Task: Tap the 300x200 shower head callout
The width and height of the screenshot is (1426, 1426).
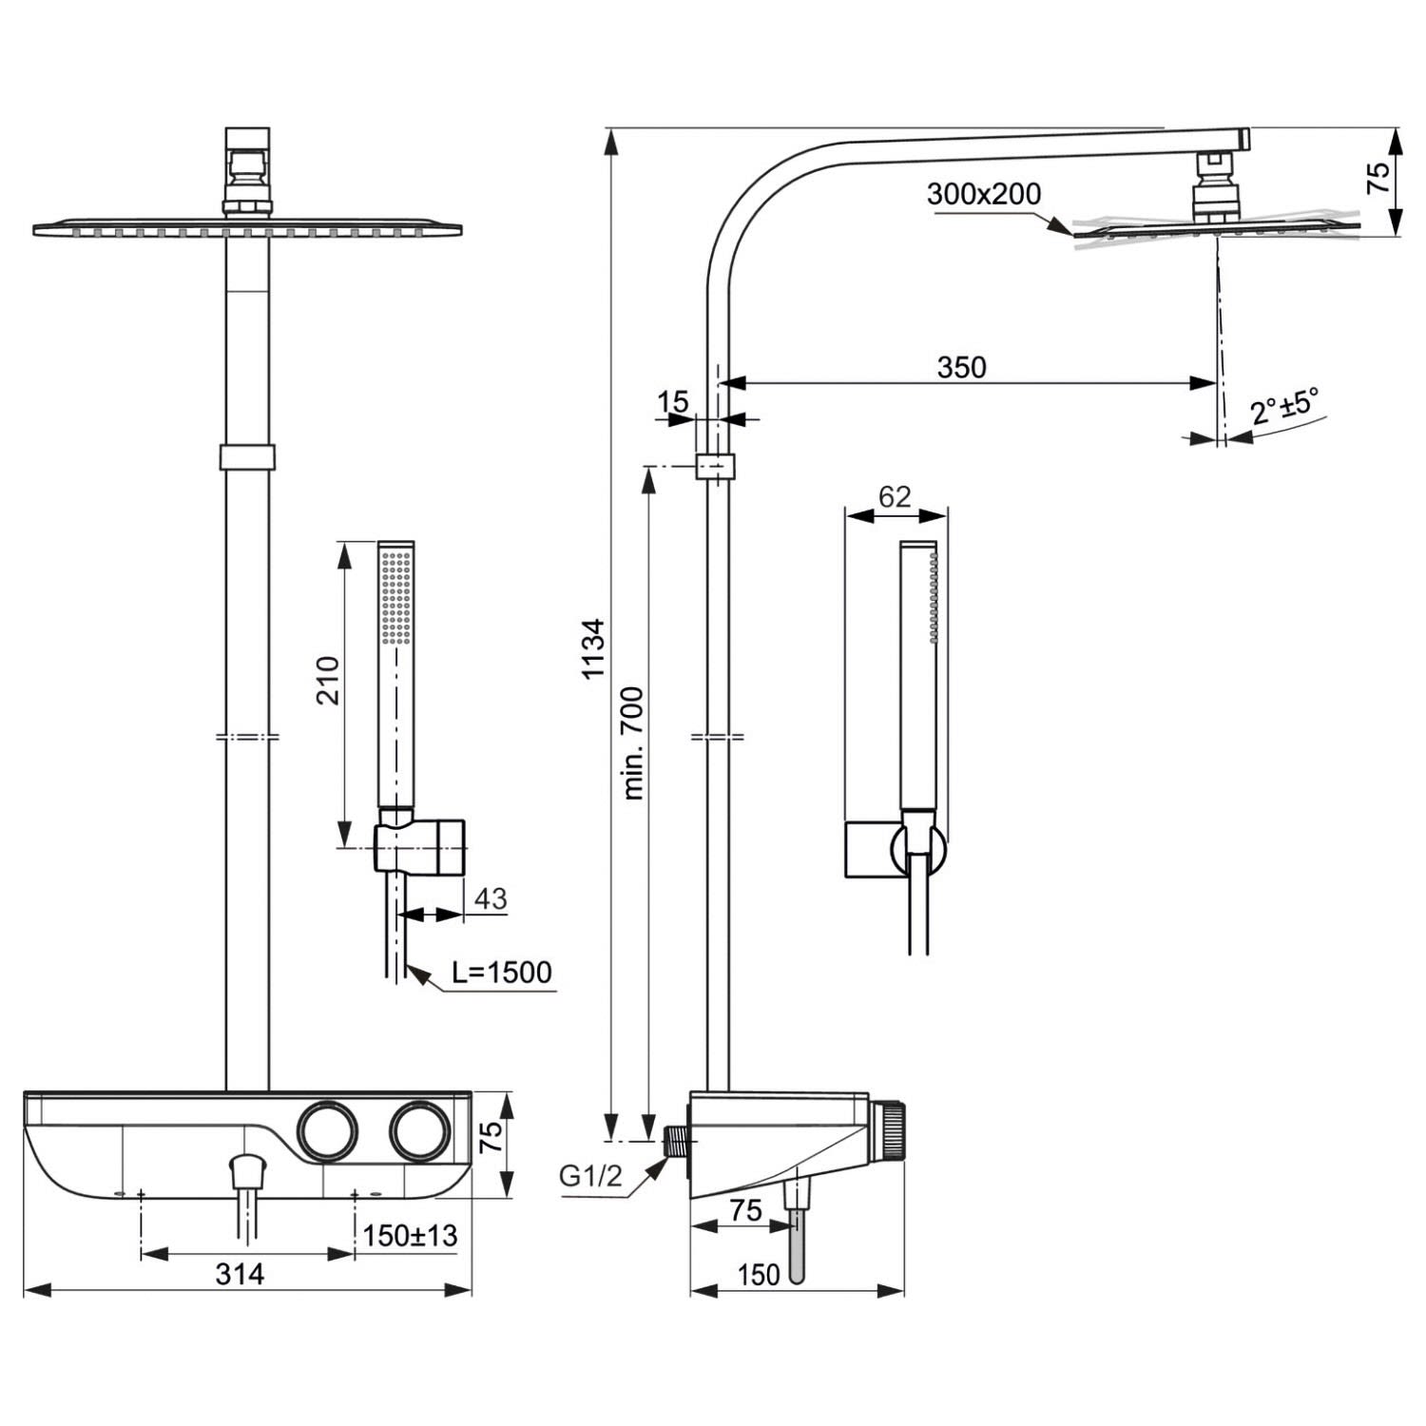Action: click(x=984, y=194)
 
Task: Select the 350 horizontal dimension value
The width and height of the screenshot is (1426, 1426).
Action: click(x=961, y=367)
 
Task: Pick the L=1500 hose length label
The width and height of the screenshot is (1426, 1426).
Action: click(x=502, y=972)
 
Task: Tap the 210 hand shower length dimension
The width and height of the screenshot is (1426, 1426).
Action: click(x=328, y=679)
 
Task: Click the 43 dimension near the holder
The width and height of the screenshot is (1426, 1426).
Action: click(x=491, y=898)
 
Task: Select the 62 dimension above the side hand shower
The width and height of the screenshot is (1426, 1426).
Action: click(x=895, y=496)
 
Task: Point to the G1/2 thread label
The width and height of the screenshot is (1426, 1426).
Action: click(x=590, y=1176)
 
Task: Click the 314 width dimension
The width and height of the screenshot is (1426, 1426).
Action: click(x=240, y=1273)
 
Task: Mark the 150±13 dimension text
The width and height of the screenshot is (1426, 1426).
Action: click(x=410, y=1235)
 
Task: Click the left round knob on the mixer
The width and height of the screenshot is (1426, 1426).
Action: click(x=329, y=1130)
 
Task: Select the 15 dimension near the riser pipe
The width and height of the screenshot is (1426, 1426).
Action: click(x=672, y=401)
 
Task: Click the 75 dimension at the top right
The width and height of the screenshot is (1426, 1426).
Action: click(x=1378, y=178)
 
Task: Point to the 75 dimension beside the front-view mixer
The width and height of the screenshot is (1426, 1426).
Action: click(x=490, y=1138)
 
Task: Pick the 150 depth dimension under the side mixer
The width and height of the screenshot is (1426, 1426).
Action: click(x=758, y=1274)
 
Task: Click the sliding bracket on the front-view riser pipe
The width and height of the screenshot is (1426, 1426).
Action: click(x=248, y=456)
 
